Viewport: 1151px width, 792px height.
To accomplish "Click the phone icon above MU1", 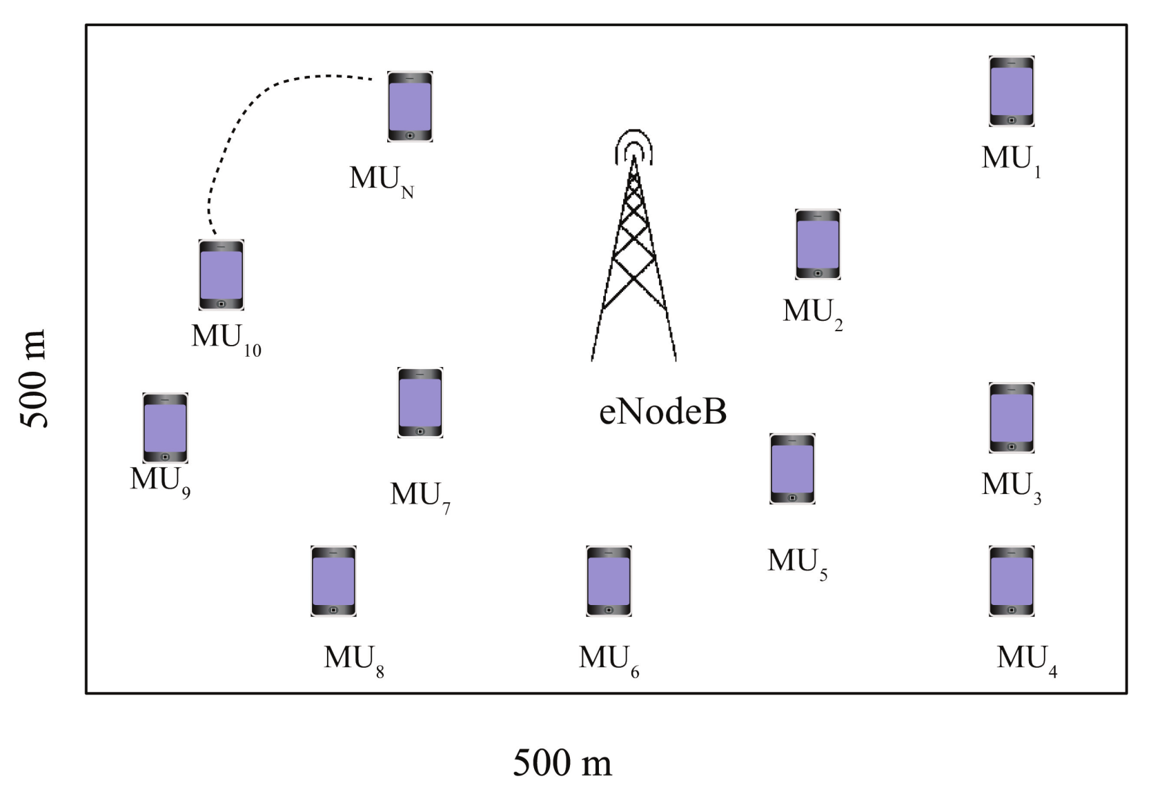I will tap(1011, 91).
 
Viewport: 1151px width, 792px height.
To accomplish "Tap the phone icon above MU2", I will tap(818, 244).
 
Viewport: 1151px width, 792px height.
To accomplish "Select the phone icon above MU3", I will tap(1011, 417).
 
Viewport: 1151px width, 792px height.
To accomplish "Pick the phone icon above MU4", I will tap(1011, 581).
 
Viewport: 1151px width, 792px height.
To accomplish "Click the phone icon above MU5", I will tap(792, 468).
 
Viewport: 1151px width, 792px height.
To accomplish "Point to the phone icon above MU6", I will tap(609, 581).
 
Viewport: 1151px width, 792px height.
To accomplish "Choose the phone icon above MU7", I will tap(420, 403).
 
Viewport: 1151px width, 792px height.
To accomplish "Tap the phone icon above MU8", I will tap(333, 581).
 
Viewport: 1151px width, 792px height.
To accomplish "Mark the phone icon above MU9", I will tap(165, 428).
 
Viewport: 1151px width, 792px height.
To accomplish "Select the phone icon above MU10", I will tap(221, 275).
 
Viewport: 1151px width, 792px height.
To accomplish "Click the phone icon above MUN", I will tap(410, 106).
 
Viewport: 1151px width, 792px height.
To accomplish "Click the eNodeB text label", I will tap(662, 411).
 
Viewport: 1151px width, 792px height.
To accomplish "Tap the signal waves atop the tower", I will tap(633, 146).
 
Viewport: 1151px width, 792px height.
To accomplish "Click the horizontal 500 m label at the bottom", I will tap(562, 763).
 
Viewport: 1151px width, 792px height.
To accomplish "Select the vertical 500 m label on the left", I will tap(33, 379).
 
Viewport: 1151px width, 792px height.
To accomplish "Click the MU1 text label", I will tap(1012, 160).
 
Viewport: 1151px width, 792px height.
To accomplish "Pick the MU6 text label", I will tap(609, 660).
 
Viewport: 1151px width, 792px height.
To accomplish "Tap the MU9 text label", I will tap(160, 481).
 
